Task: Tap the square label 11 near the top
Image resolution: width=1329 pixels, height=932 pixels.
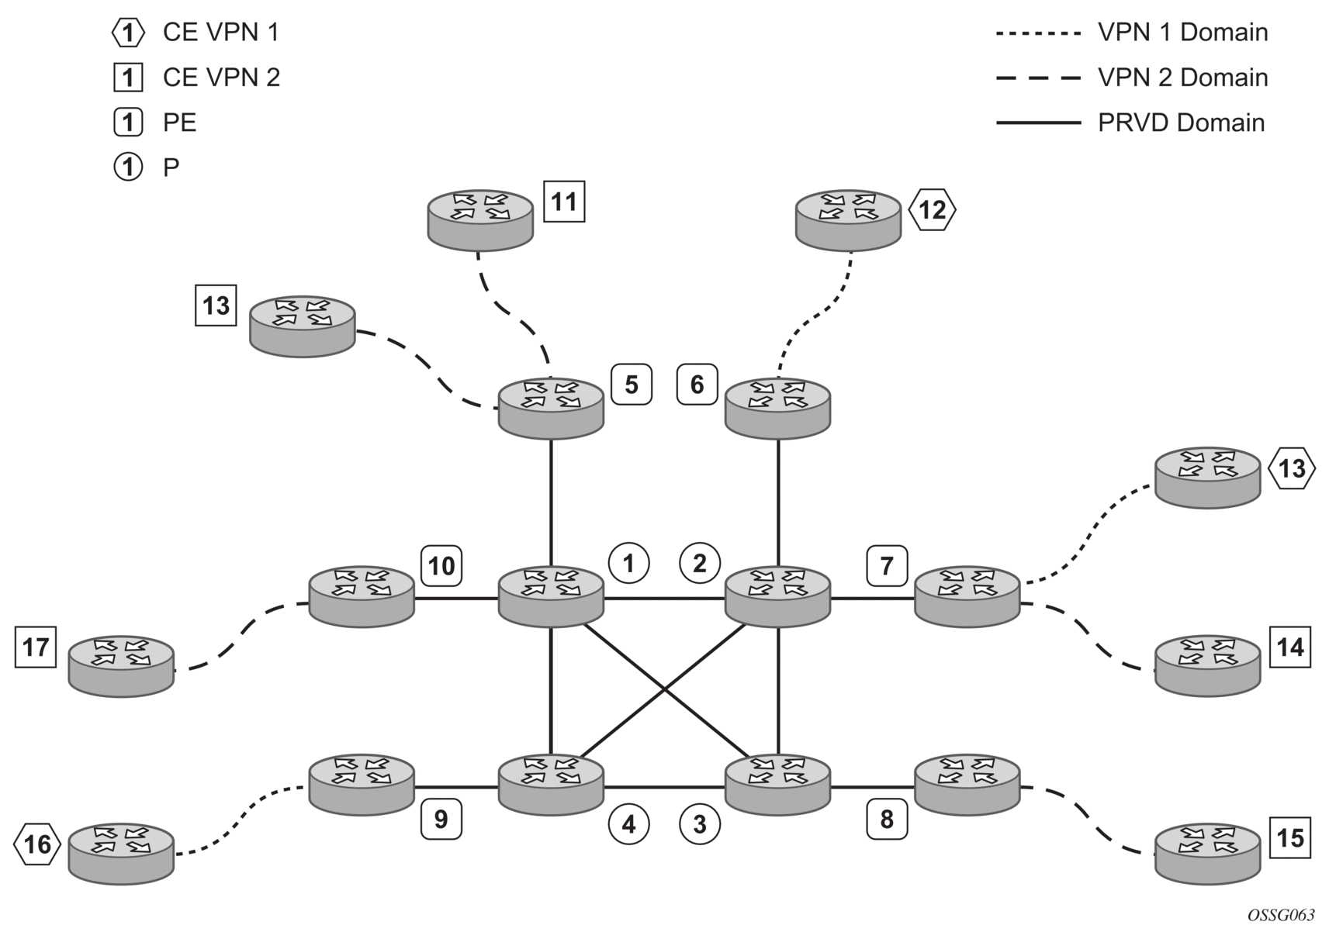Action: coord(564,202)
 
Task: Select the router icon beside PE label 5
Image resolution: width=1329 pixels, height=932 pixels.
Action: coord(551,408)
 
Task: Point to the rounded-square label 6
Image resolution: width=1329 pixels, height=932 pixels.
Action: coord(697,385)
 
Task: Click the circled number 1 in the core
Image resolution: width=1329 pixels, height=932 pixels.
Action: coord(628,563)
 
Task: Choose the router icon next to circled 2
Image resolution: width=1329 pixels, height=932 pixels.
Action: coord(777,596)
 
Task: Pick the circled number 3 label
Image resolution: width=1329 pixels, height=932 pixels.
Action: coord(700,824)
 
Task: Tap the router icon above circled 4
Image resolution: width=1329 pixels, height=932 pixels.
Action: coord(551,785)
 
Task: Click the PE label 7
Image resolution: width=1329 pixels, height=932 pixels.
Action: coord(887,566)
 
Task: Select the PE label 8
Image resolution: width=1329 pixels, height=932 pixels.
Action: coord(887,820)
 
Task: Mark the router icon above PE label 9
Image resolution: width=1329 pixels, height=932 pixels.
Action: coord(362,785)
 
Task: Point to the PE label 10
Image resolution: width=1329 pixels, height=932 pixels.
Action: coord(441,565)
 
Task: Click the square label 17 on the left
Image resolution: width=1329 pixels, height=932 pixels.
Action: coord(36,647)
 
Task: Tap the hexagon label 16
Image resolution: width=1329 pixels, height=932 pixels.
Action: coord(37,844)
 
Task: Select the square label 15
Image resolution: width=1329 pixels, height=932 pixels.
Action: coord(1290,838)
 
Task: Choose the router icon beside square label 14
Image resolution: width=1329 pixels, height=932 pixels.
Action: coord(1208,665)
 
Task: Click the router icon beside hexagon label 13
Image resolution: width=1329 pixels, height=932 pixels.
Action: coord(1208,478)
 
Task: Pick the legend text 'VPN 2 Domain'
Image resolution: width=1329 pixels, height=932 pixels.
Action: coord(1182,78)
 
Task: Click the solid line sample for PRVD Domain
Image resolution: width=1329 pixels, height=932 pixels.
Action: coord(1038,123)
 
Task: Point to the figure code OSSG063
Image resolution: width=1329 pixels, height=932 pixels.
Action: coord(1281,916)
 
